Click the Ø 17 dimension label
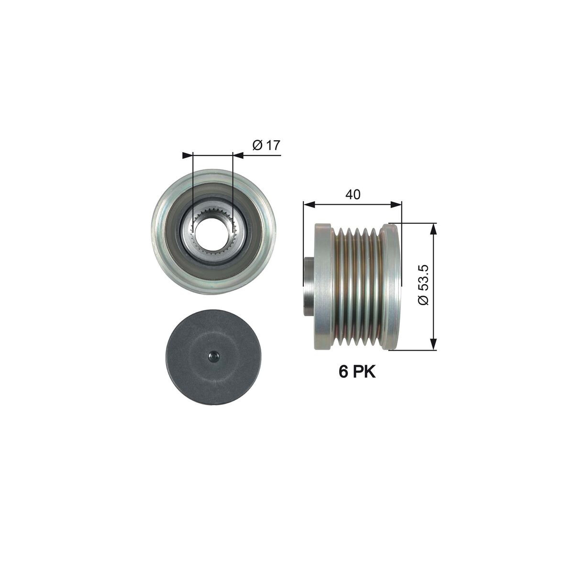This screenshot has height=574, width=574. coord(265,145)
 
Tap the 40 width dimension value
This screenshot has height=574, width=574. coord(353,194)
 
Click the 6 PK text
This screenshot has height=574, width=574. coord(357,372)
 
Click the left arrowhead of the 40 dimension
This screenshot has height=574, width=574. coord(308,205)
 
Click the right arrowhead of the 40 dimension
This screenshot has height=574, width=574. coord(396,205)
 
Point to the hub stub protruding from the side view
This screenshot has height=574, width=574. coord(309,287)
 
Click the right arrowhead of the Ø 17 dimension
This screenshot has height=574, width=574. coord(238,155)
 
